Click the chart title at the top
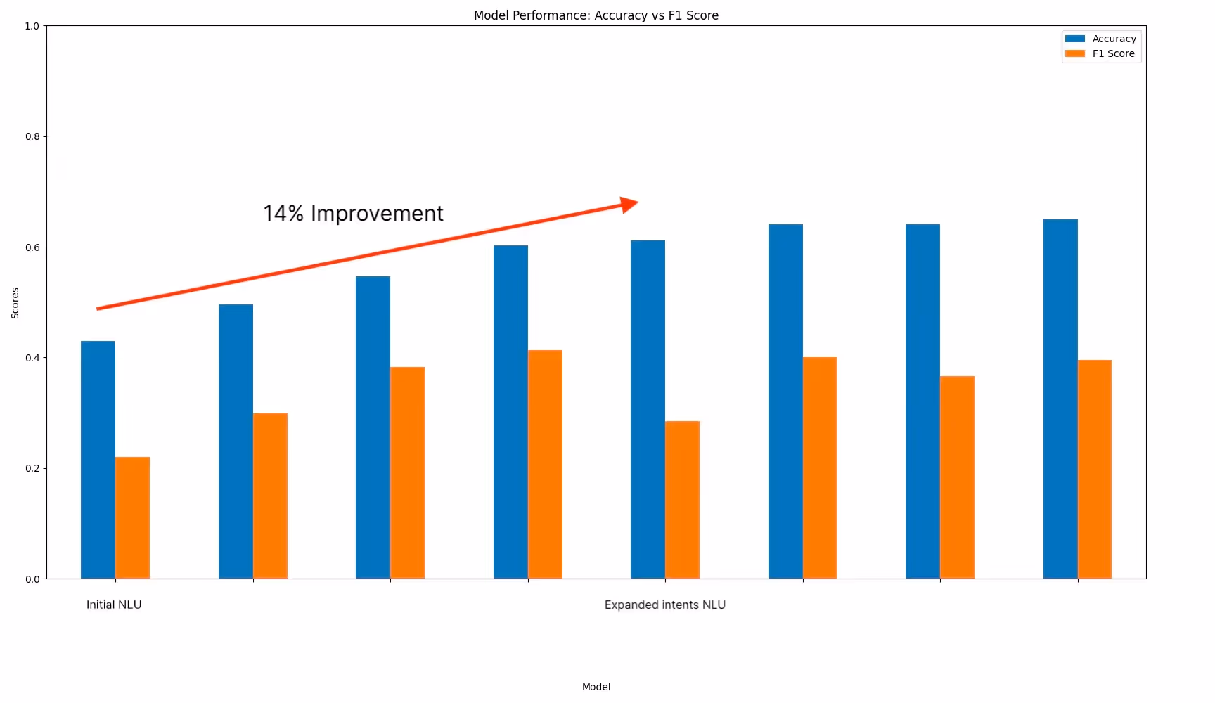(x=596, y=15)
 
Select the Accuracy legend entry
(x=1100, y=39)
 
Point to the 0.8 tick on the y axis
(x=33, y=136)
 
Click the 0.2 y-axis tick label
(x=33, y=468)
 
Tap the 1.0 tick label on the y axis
(x=33, y=26)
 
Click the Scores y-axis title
(x=15, y=303)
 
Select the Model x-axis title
(x=596, y=687)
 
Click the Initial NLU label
(x=114, y=605)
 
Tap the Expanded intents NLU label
(x=665, y=605)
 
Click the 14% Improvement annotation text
(x=353, y=213)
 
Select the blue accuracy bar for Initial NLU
(x=98, y=460)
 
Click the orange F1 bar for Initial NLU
(x=132, y=518)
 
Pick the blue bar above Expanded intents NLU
(x=648, y=410)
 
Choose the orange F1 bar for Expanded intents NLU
(x=682, y=500)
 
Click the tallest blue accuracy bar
(x=1060, y=399)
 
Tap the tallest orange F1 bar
(x=545, y=465)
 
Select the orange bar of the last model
(x=1095, y=470)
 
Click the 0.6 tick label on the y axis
(x=33, y=247)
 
